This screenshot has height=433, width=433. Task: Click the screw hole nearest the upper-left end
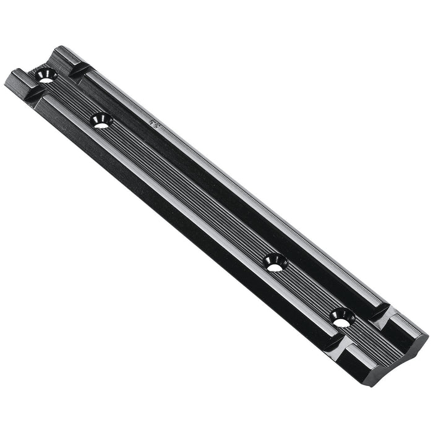(x=46, y=77)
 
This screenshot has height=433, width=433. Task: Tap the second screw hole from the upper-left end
(x=101, y=121)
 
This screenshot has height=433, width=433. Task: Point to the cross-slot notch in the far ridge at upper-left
(x=80, y=70)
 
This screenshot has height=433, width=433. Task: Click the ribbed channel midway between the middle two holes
(x=186, y=192)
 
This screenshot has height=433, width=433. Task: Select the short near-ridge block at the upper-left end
(x=19, y=80)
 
